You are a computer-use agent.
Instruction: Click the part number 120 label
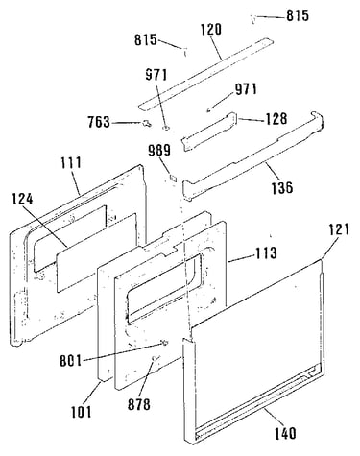tap(211, 30)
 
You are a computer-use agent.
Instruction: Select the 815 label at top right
tap(298, 15)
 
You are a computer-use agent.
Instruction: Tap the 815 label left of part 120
tap(146, 40)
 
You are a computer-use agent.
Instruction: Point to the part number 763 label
tap(99, 122)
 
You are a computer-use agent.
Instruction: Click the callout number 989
tap(159, 150)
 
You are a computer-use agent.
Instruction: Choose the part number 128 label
tap(276, 119)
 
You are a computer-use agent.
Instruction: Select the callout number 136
tap(282, 187)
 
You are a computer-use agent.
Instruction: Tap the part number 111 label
tap(71, 162)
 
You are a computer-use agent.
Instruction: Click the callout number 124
tap(22, 200)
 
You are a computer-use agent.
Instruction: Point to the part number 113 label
tap(266, 253)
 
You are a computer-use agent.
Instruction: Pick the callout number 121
tap(339, 230)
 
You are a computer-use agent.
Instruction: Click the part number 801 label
tap(71, 361)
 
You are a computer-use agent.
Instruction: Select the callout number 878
tap(139, 405)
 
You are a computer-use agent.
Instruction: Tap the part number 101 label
tap(81, 412)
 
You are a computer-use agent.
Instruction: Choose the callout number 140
tap(285, 434)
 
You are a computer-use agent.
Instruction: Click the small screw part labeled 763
tap(146, 124)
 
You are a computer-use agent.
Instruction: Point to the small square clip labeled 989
tap(173, 177)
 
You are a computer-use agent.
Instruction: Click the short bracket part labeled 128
tap(208, 131)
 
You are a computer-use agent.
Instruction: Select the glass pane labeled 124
tap(97, 252)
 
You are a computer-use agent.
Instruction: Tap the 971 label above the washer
tap(156, 75)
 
